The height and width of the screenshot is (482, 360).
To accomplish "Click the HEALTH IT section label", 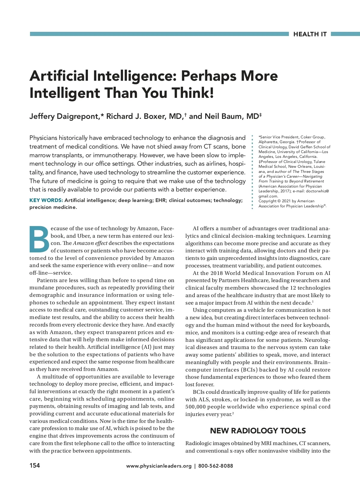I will click(310, 34).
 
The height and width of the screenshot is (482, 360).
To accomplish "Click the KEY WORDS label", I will click(46, 200).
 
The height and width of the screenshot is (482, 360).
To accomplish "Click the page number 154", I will click(34, 465).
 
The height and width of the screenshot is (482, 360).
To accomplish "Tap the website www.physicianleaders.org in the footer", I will click(159, 466).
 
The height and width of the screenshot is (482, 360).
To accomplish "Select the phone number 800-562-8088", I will click(215, 466).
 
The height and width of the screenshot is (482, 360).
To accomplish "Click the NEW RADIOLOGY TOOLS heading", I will click(258, 431).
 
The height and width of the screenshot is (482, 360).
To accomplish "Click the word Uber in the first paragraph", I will click(84, 236).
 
